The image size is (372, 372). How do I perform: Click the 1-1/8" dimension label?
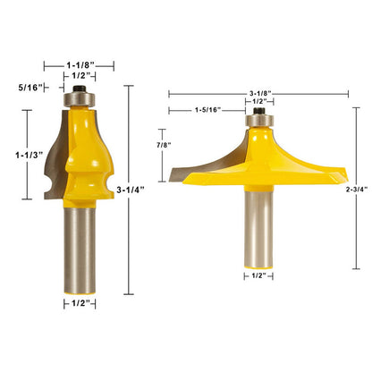(x=80, y=64)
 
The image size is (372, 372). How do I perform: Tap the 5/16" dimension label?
(x=30, y=88)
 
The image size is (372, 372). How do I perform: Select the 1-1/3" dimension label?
(x=30, y=155)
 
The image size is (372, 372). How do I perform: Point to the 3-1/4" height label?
(x=131, y=190)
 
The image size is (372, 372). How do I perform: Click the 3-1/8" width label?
(x=259, y=94)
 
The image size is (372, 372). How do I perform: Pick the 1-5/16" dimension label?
(x=207, y=110)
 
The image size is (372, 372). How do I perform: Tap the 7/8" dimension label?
(x=165, y=146)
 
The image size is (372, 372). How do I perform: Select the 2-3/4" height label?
(x=357, y=190)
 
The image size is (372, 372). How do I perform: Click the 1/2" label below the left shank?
(x=80, y=304)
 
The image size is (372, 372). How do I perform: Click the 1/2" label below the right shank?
(x=258, y=275)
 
